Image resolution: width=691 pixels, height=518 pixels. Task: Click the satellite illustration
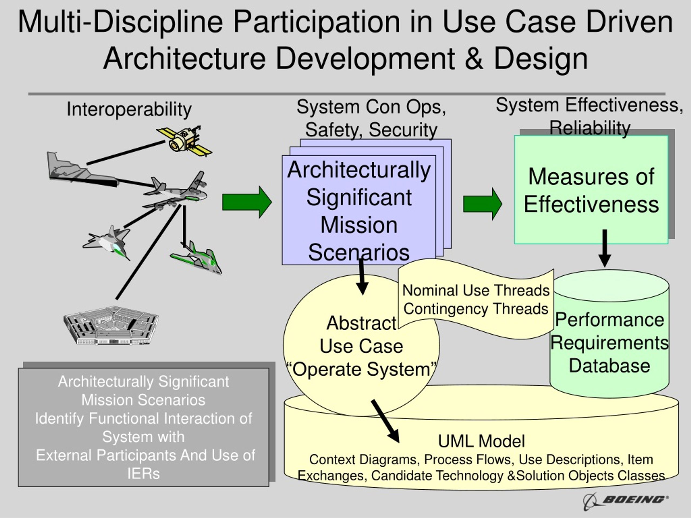coord(184,141)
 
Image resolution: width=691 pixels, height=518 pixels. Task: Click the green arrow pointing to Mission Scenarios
coord(247,202)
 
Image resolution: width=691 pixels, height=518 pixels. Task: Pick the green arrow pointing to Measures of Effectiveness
coord(482,204)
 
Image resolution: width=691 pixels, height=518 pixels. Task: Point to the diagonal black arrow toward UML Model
coord(385,421)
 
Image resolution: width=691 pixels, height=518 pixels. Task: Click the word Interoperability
coord(129,110)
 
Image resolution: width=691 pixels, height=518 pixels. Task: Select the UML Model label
coord(481,441)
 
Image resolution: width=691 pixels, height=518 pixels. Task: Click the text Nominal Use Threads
coord(475,290)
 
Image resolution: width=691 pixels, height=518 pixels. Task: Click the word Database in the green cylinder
coord(609,366)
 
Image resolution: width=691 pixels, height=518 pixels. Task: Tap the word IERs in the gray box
coord(143,474)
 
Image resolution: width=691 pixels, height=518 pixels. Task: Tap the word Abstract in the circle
coord(361,323)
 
